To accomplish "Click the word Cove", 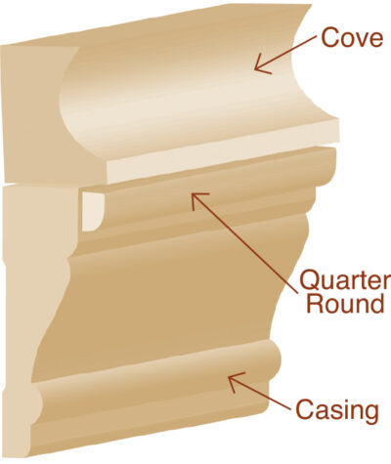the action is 352,38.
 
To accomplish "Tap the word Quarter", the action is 345,280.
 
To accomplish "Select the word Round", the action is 345,304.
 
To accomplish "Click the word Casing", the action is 337,411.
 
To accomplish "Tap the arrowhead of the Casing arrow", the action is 229,377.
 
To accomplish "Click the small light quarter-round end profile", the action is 92,211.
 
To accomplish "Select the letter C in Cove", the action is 329,38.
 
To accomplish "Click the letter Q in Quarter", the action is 310,280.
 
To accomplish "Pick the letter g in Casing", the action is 370,414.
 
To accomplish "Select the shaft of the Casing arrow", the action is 260,394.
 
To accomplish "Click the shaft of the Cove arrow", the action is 286,53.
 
